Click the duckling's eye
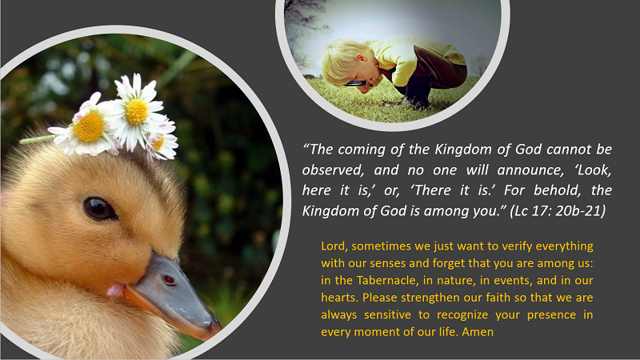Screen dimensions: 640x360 tap(99, 209)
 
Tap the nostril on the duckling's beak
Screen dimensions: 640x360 tap(169, 280)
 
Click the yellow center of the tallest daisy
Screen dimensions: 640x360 tap(137, 111)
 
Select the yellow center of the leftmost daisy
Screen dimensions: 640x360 tap(89, 127)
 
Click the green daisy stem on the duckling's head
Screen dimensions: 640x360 tap(36, 139)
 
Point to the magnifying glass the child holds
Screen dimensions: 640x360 tap(356, 84)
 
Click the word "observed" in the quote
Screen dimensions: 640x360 tap(333, 170)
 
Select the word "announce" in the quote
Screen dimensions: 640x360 tap(530, 170)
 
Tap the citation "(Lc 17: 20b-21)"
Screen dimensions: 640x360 tap(558, 210)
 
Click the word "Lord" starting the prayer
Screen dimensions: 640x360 tap(334, 246)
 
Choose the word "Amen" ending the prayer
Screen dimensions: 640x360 tap(478, 332)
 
